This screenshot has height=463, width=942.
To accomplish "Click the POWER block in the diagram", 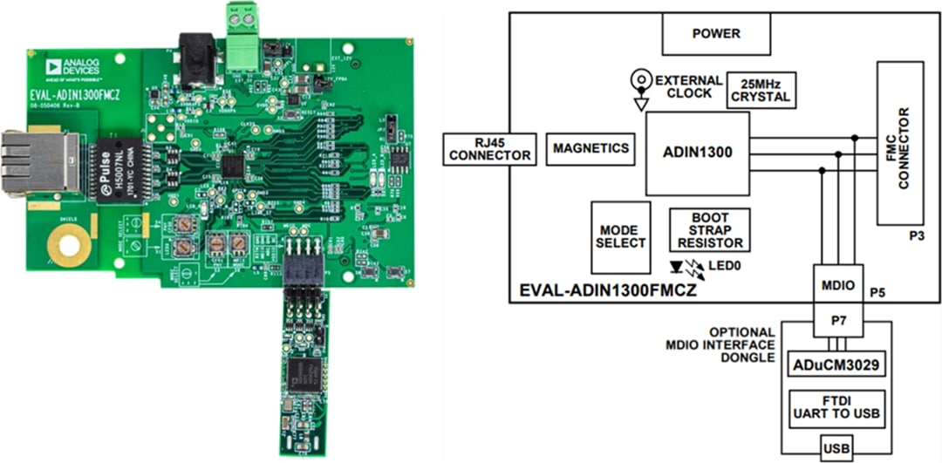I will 716,34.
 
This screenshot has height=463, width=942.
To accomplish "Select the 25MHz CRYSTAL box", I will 761,89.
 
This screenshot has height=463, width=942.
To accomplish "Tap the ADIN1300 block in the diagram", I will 697,152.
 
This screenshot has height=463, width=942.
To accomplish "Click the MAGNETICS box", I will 590,148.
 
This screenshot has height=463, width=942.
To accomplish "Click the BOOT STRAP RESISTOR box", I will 709,230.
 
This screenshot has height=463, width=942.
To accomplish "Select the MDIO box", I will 838,284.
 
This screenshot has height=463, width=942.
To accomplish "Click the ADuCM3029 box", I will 836,364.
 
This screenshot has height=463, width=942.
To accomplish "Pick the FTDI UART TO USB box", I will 836,406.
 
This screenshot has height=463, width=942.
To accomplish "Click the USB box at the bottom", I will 836,449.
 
